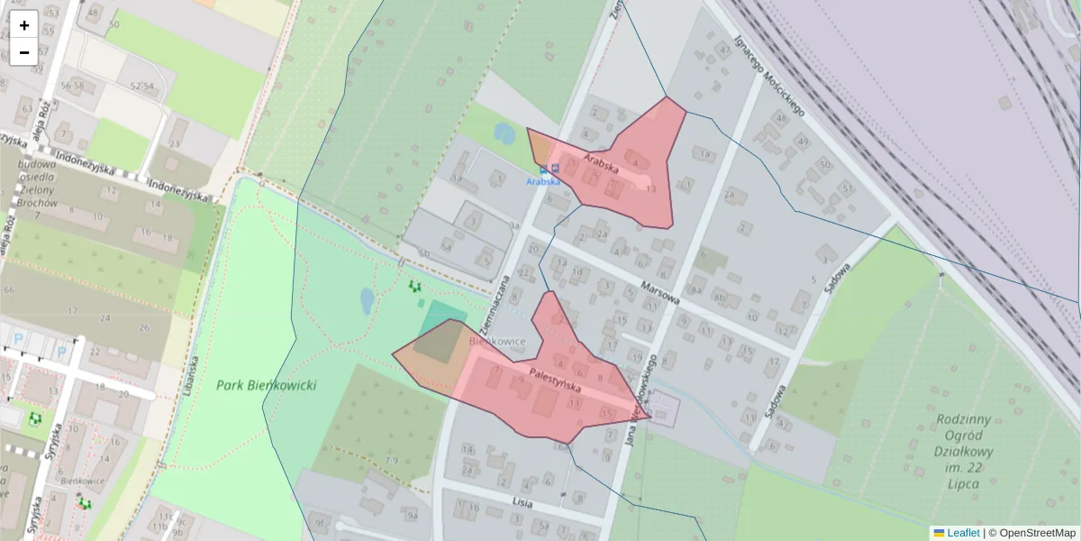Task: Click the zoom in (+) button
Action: click(24, 25)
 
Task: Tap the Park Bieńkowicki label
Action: click(267, 385)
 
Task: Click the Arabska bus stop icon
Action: click(543, 169)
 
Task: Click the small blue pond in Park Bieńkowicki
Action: click(367, 300)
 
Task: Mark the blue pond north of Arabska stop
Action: click(504, 134)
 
